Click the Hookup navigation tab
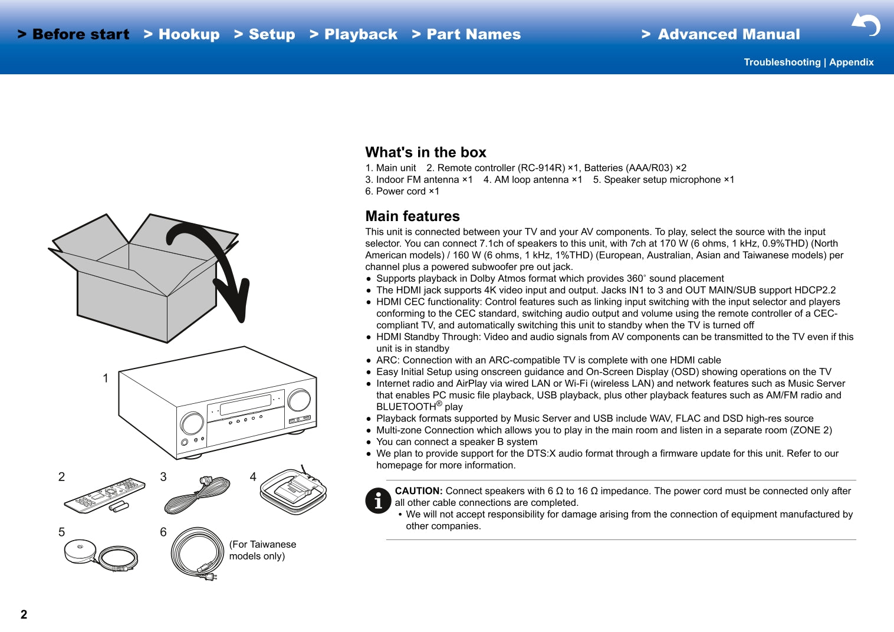coord(188,34)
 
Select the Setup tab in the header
coord(271,34)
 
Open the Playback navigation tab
coord(360,34)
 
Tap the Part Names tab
coord(473,34)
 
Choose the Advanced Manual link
coord(728,34)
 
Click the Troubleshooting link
coord(782,62)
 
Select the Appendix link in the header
coord(851,62)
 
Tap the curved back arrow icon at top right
coord(866,25)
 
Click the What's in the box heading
coord(425,152)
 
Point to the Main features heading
coord(412,216)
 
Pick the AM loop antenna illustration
coord(293,491)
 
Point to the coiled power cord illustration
coord(196,553)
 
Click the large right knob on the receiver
coord(299,400)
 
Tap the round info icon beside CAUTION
coord(378,501)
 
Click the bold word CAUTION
coord(418,491)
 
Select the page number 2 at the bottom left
coord(24,614)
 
